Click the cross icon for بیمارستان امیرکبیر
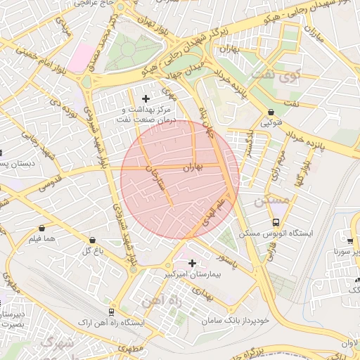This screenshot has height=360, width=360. tap(192, 263)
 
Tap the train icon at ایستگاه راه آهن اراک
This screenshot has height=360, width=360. tap(111, 311)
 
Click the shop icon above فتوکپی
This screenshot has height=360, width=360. tap(271, 112)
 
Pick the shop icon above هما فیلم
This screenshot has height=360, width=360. tap(42, 229)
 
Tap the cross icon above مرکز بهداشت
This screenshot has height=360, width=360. tap(146, 98)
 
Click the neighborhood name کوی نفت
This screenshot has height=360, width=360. tap(294, 75)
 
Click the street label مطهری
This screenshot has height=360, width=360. tap(131, 348)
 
